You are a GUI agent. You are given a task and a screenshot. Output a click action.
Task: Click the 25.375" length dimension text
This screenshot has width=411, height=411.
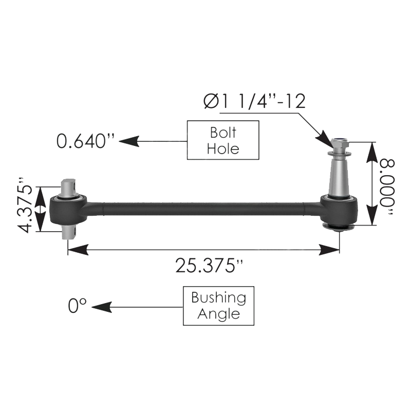click(209, 266)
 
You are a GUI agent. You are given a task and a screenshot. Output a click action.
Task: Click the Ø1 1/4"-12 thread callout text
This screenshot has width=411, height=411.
click(254, 101)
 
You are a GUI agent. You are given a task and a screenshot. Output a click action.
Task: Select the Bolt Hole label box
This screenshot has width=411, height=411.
click(223, 140)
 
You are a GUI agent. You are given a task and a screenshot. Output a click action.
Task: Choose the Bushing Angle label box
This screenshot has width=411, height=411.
click(218, 306)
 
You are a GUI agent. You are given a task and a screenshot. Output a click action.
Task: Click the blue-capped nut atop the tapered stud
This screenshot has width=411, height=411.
click(339, 142)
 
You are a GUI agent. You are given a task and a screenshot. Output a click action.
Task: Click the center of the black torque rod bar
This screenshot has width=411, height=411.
click(206, 208)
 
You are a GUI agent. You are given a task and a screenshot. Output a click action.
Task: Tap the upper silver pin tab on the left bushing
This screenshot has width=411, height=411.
click(69, 185)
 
